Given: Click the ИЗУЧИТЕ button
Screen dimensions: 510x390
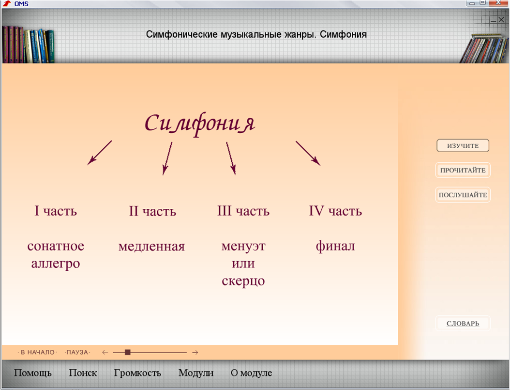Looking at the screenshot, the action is point(463,145).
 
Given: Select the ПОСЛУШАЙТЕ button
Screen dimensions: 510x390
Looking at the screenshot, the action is point(463,195).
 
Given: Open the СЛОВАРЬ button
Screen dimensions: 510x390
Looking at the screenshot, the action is point(463,323).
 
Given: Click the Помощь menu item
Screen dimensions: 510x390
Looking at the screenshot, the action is point(33,373).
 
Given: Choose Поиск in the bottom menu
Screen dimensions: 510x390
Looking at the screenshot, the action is point(83,373).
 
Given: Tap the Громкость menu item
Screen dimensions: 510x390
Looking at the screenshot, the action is point(137,373).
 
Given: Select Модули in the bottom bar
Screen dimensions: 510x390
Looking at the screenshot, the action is point(196,373).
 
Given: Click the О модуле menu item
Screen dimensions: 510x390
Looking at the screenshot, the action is point(252,373).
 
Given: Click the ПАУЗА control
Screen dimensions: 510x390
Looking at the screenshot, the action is point(77,352).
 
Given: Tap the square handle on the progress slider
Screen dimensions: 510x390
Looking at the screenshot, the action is point(128,352).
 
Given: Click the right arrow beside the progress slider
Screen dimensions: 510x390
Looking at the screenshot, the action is point(195,352).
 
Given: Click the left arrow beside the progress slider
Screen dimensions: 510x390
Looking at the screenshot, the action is point(105,352).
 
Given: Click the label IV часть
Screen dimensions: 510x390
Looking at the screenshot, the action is point(335,211).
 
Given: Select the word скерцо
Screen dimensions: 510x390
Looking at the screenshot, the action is point(243,281).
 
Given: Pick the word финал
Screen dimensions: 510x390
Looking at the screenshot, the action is point(335,246).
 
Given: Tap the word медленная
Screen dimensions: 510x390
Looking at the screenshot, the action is point(151,247).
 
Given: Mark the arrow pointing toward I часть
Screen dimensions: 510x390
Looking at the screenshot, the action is point(100,153).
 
